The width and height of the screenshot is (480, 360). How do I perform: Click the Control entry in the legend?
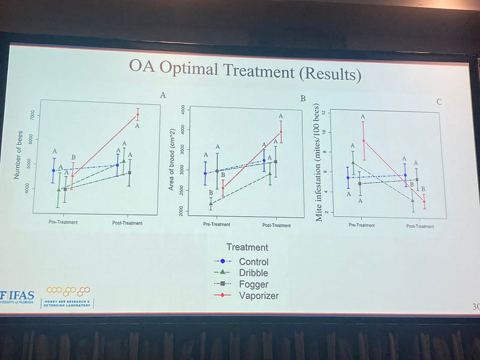coord(253,262)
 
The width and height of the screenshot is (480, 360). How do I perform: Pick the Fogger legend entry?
coord(253,284)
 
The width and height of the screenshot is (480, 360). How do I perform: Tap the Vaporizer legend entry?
coord(258,296)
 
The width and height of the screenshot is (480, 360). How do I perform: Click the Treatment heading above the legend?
coord(247,247)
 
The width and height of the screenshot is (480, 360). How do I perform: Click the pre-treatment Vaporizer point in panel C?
coord(363,140)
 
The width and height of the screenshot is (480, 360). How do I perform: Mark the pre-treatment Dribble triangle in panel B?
coord(211,203)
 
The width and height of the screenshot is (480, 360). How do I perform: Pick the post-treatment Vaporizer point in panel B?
coord(281,132)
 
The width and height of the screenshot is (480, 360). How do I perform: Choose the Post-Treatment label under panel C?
coord(419,226)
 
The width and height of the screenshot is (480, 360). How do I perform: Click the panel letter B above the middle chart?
coord(303,98)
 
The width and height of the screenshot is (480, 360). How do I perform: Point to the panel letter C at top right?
coord(439,101)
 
